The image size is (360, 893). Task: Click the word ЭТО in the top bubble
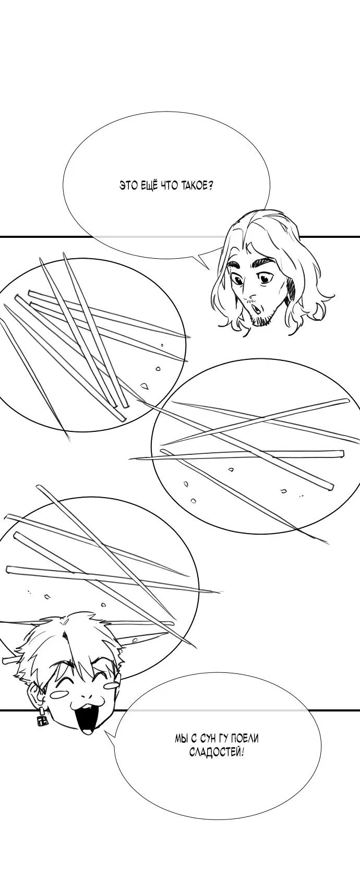[x=129, y=185]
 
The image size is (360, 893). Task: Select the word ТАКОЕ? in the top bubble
[x=196, y=185]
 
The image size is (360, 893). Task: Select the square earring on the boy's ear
[x=41, y=718]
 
